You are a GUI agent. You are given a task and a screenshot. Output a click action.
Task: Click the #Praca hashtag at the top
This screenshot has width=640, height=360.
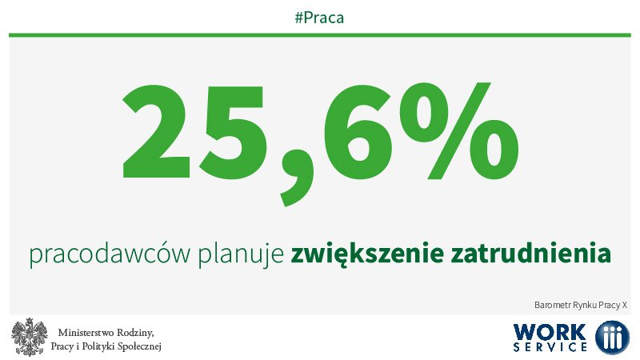click(319, 17)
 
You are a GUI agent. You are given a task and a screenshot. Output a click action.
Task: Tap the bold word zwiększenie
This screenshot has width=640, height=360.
click(364, 255)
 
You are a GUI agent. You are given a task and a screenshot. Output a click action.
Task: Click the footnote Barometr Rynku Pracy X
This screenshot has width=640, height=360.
click(581, 305)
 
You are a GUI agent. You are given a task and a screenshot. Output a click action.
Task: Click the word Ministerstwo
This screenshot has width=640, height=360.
click(91, 332)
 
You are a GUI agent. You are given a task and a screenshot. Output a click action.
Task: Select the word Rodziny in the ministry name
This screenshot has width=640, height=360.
click(138, 332)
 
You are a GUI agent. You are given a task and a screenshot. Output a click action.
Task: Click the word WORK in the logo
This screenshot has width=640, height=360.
click(551, 331)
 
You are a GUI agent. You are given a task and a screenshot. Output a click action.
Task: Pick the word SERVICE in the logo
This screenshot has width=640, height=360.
click(551, 348)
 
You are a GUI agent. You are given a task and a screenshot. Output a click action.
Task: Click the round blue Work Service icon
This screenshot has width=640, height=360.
click(612, 337)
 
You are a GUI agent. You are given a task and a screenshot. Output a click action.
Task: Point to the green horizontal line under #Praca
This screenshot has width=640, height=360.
click(320, 34)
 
